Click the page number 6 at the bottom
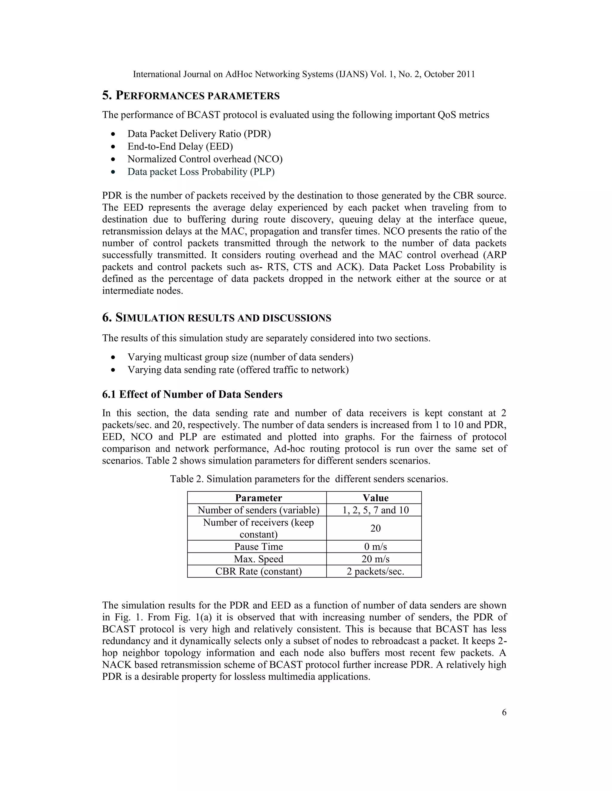(504, 712)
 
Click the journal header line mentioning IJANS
(304, 74)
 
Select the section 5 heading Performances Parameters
(191, 96)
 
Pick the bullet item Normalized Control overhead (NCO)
(205, 159)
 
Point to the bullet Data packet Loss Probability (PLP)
(201, 172)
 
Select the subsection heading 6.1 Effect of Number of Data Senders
(192, 394)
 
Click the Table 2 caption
(309, 479)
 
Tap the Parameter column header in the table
(258, 498)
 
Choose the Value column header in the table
(375, 498)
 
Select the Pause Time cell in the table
(258, 547)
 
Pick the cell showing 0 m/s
(375, 547)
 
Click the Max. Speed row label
(258, 559)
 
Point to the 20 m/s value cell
(375, 559)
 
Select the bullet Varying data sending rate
(238, 370)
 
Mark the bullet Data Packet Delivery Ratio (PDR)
(199, 134)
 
